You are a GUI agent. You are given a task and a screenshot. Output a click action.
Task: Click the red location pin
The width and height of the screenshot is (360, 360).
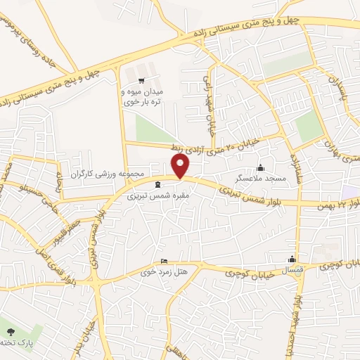[x=181, y=166]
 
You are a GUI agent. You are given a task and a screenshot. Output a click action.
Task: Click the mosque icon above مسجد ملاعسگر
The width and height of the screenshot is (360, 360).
[x=261, y=167]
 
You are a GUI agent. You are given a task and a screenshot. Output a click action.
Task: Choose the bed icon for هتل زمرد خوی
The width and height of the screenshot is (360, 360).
[x=165, y=259]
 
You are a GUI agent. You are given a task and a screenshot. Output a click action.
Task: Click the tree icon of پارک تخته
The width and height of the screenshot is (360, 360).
[x=10, y=331]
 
